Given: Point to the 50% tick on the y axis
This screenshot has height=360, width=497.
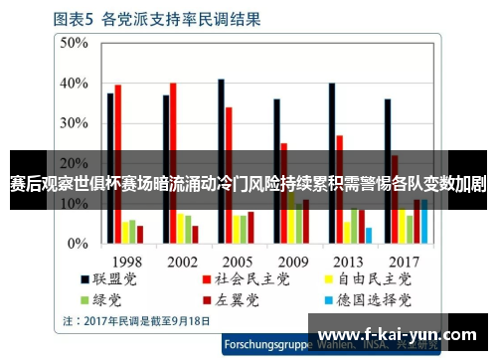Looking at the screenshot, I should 76,44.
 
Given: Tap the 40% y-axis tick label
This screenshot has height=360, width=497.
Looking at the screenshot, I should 76,84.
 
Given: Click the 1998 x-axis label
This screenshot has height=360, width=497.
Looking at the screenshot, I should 125,261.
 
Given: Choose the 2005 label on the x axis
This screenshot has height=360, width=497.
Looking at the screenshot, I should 237,261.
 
